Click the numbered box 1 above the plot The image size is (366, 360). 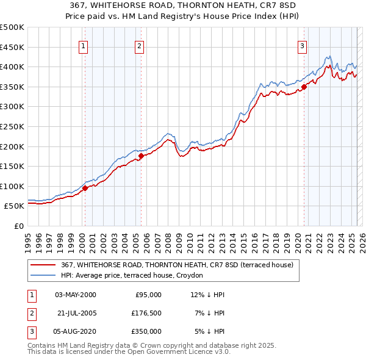coord(83,46)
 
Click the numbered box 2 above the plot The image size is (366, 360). coord(140,46)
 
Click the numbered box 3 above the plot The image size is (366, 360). coord(302,46)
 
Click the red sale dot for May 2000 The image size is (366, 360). coord(85,188)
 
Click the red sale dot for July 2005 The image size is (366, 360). coord(141,156)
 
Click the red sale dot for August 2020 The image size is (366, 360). coord(304,87)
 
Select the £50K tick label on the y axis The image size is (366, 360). coord(15,206)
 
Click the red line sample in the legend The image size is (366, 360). coord(43,265)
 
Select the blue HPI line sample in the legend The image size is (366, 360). coord(43,275)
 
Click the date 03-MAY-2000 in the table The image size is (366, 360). coord(75,295)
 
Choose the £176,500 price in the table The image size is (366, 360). coord(146,313)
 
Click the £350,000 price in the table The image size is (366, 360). coord(146,331)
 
